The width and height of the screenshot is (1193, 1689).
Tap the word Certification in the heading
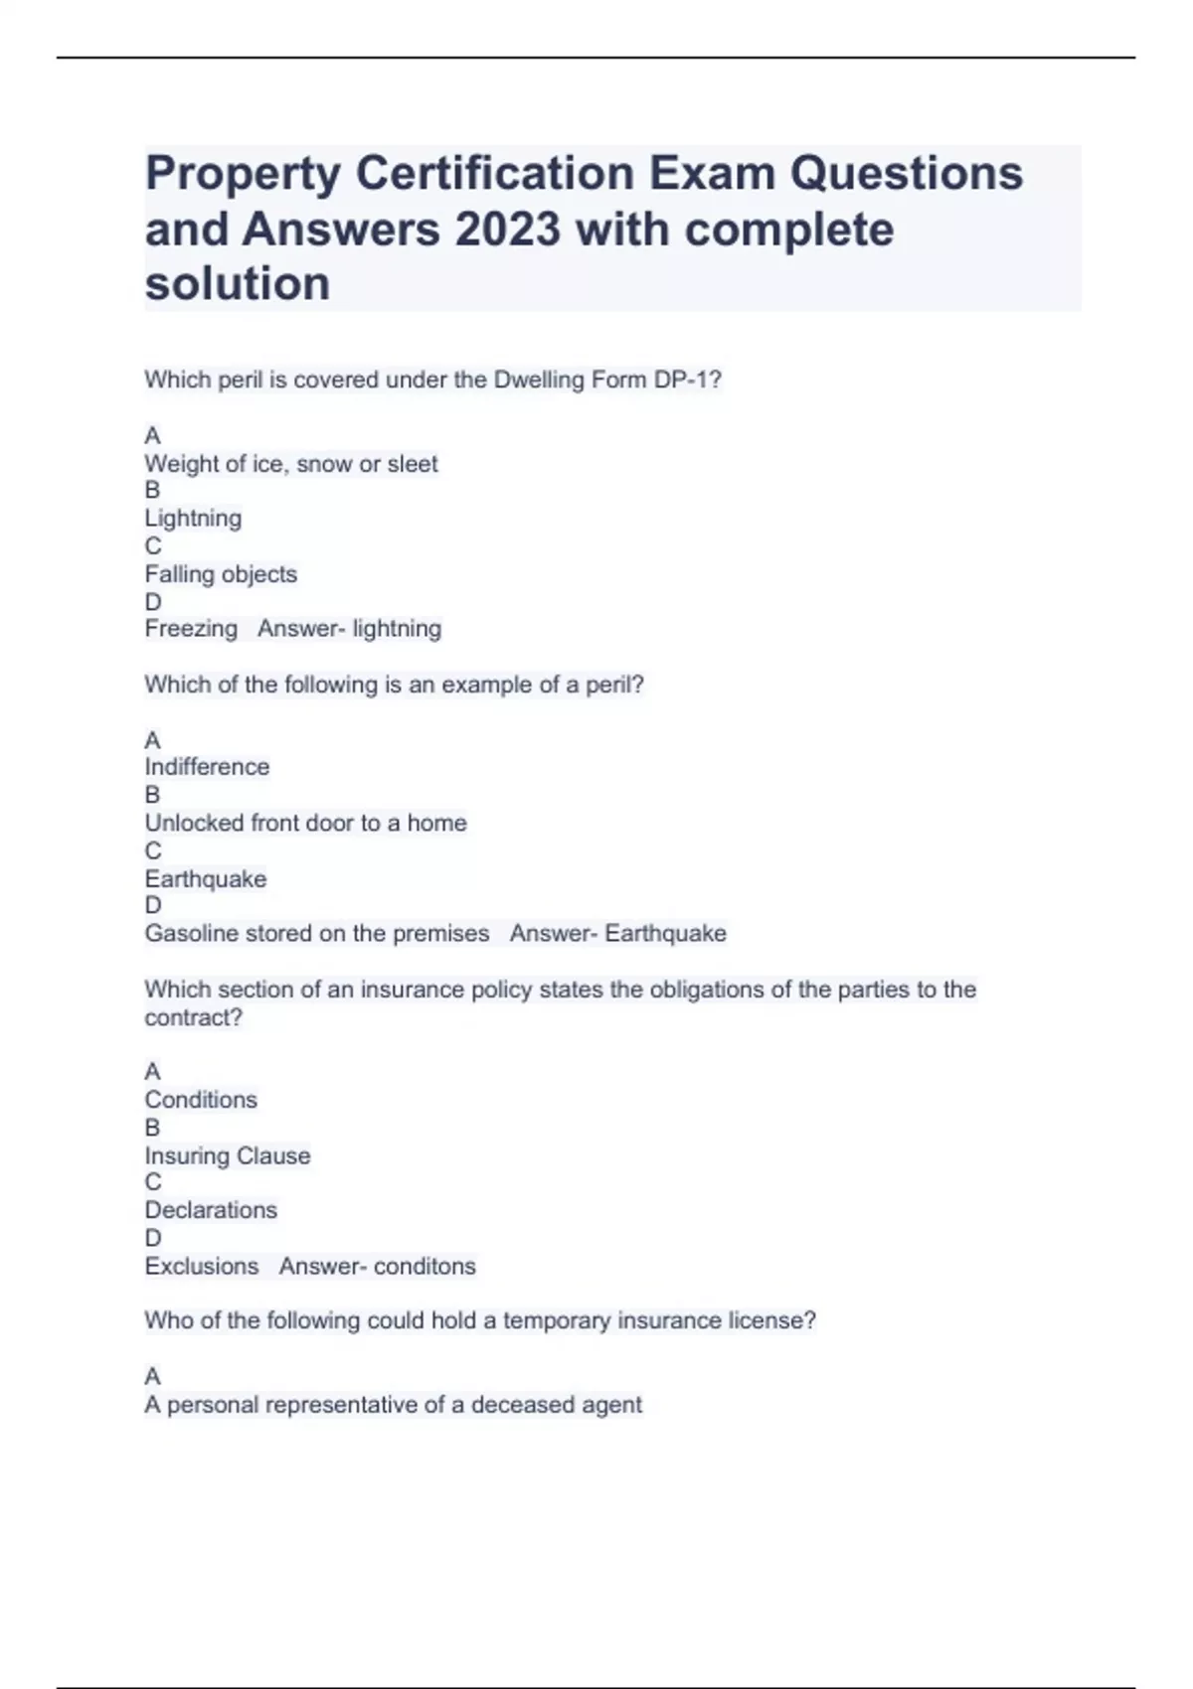click(x=495, y=174)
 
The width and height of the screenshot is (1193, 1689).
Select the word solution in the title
click(x=238, y=284)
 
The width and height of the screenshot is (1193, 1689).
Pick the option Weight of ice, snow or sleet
click(x=291, y=464)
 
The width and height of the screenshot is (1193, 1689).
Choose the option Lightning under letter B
click(x=193, y=519)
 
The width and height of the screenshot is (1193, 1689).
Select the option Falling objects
click(x=221, y=574)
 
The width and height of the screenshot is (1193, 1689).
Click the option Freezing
click(x=191, y=629)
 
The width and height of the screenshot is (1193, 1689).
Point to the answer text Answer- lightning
click(x=349, y=629)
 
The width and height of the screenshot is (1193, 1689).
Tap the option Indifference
click(x=207, y=767)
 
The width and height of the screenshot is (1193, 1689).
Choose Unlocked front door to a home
click(x=305, y=823)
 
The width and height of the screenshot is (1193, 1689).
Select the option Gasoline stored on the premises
click(x=317, y=934)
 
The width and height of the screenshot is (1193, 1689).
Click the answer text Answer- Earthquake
click(x=617, y=934)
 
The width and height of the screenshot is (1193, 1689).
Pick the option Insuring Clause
click(x=228, y=1155)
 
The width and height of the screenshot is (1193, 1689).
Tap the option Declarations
click(x=211, y=1210)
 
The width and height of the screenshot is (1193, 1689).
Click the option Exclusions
click(x=201, y=1267)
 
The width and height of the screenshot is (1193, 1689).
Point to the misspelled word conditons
click(x=425, y=1267)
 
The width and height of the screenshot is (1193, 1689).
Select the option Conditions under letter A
click(x=201, y=1100)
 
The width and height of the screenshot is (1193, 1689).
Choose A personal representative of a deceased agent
click(x=393, y=1405)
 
